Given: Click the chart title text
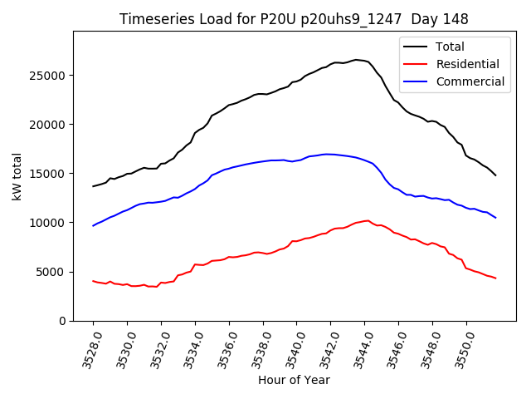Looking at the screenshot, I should pyautogui.click(x=294, y=19).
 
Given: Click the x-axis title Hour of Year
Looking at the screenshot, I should pyautogui.click(x=294, y=380).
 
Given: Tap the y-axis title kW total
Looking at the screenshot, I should pyautogui.click(x=17, y=176).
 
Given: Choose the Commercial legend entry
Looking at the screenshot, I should pyautogui.click(x=470, y=81).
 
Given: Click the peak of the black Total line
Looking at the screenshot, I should pyautogui.click(x=356, y=60).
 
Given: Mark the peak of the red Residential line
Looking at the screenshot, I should pyautogui.click(x=368, y=220).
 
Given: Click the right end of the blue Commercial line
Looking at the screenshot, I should pyautogui.click(x=495, y=218).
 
